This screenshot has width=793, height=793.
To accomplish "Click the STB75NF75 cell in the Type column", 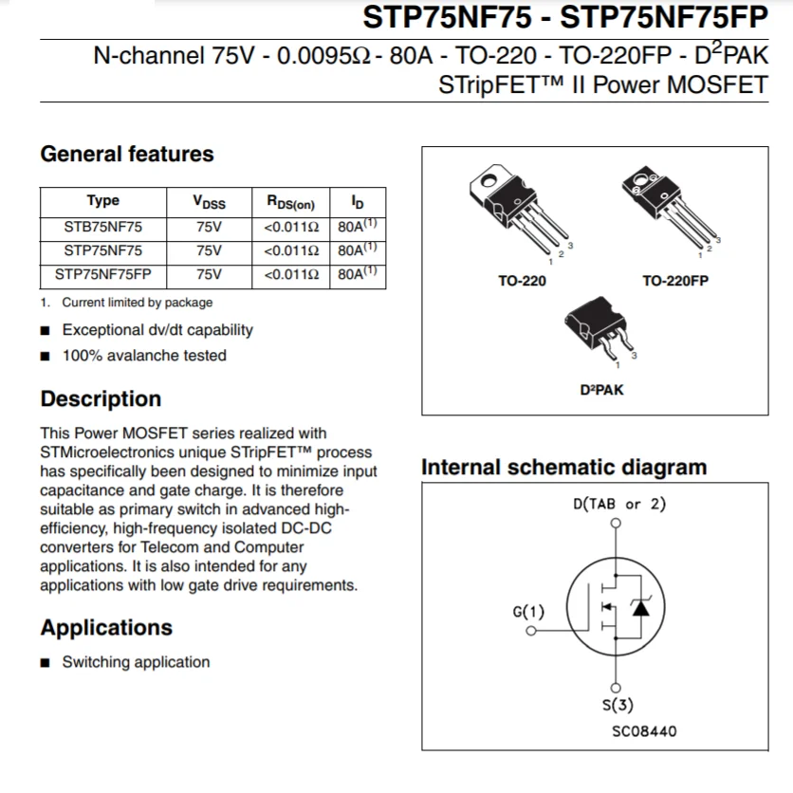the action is click(103, 227).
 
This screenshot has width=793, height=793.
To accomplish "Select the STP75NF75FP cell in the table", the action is click(103, 275).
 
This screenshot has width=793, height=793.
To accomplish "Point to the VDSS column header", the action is click(209, 201).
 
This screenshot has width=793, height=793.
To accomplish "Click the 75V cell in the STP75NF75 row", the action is click(209, 251).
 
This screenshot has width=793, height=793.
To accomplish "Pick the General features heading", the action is click(127, 154).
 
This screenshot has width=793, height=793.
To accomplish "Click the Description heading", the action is click(101, 398).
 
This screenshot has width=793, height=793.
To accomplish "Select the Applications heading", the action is click(106, 628).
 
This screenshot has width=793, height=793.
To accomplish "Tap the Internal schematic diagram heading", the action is click(563, 468).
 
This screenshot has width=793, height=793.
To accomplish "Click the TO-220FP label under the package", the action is click(675, 281).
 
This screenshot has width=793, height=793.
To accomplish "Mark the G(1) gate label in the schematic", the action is click(528, 611).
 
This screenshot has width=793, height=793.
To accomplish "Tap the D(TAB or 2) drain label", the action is click(619, 504).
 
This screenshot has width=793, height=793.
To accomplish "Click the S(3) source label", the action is click(618, 705).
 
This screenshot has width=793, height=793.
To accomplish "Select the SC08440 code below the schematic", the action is click(645, 731).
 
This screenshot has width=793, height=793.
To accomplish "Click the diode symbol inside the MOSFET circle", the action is click(641, 608).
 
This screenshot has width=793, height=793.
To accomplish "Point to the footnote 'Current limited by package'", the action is click(137, 303).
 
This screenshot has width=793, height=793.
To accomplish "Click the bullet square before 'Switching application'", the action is click(46, 663).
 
